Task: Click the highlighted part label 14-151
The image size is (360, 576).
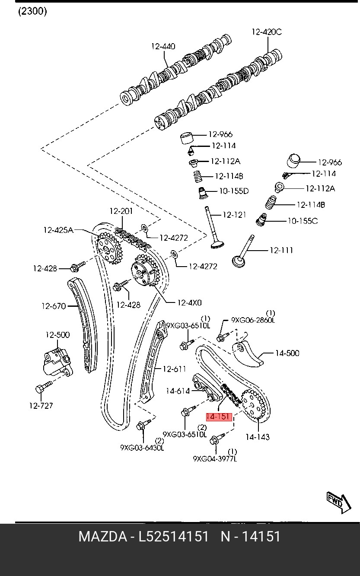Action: point(219,417)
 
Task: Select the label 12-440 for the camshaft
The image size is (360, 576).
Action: point(163,46)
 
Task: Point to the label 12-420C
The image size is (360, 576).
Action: point(267,32)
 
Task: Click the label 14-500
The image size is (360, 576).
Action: point(287,353)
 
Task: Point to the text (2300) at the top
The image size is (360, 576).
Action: point(32,11)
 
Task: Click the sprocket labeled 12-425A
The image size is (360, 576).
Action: point(108,248)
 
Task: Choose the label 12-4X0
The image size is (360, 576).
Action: point(189,303)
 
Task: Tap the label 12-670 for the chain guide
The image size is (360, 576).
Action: point(54,306)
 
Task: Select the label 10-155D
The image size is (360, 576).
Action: point(234,191)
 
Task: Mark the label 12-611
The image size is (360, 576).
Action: point(174,369)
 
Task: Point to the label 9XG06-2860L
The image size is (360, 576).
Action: point(253,320)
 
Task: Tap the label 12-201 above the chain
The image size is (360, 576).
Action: point(121,211)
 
